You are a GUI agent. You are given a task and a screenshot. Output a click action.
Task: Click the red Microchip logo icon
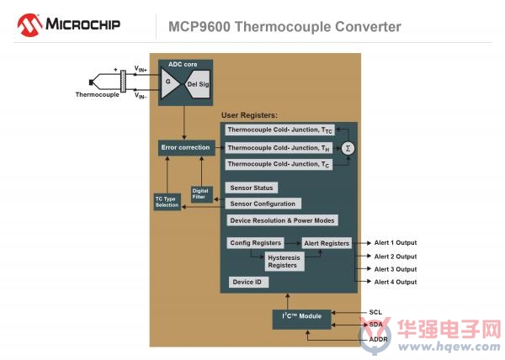coord(29,24)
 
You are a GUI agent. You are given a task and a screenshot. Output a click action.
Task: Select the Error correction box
coord(187,148)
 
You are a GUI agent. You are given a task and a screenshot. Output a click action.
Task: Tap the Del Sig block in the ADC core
coord(198,84)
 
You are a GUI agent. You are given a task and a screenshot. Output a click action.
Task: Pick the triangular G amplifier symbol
coord(169,83)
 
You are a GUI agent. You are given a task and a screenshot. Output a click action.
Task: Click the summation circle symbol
coord(348,148)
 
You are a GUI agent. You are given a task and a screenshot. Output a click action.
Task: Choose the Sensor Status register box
coord(252,188)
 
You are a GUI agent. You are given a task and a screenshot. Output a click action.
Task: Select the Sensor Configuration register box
coord(263,204)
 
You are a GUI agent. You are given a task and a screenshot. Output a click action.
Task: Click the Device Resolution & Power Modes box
coord(283,220)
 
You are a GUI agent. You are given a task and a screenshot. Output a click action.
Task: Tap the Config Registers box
coord(256,243)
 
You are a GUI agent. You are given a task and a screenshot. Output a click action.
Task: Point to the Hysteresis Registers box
coord(284,262)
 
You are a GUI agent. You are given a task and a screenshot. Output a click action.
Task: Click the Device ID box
coord(248,282)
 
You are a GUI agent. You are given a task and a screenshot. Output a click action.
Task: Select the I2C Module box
coord(302,319)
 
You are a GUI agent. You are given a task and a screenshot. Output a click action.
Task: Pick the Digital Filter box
coord(202,194)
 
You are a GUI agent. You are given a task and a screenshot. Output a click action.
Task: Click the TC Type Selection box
coord(167,202)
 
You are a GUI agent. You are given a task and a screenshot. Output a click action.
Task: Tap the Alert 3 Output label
coord(396,269)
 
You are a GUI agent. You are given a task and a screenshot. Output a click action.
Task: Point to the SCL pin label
coord(375,312)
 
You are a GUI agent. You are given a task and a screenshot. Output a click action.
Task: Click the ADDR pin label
coord(379,340)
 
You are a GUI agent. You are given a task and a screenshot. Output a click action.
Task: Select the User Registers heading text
coord(249,115)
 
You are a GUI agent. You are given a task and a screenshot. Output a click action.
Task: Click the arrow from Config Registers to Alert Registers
coord(293,243)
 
